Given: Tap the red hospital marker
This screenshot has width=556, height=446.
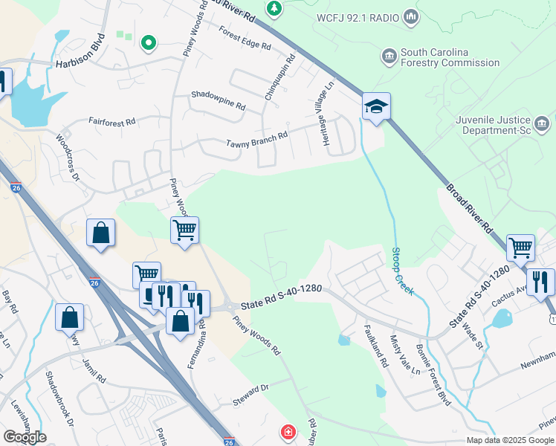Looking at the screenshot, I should [288, 432].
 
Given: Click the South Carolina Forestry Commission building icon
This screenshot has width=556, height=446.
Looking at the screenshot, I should [389, 57].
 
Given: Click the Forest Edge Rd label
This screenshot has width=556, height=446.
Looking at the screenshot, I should [245, 38].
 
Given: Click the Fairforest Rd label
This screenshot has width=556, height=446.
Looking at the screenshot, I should [111, 120].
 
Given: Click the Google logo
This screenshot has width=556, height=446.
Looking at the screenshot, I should [25, 437].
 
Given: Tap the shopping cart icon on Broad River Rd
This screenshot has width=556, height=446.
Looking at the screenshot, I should [520, 248].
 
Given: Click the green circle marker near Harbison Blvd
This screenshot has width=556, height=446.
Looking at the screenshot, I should [149, 43].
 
